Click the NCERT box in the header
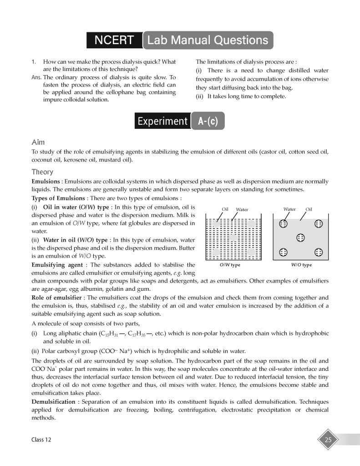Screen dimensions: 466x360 (x=114, y=40)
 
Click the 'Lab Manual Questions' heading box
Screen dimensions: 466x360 (x=209, y=40)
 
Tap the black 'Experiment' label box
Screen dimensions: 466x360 (x=162, y=121)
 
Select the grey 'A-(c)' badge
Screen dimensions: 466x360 (x=208, y=121)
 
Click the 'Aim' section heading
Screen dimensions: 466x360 (x=38, y=142)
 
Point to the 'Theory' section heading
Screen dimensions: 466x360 (x=42, y=172)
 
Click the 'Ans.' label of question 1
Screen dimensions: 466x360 (x=36, y=77)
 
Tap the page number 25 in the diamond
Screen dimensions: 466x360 (x=328, y=440)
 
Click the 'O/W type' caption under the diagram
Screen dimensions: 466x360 (x=230, y=265)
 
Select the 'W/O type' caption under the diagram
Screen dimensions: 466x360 (x=301, y=265)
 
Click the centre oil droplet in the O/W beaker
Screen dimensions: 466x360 (x=233, y=238)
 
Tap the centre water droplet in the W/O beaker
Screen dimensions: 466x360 (x=300, y=237)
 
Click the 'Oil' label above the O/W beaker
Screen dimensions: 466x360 (x=225, y=209)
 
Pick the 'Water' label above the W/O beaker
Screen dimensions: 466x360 (x=289, y=209)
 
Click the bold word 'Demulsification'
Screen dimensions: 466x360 (x=53, y=402)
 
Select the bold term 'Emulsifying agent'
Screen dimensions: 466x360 (x=60, y=264)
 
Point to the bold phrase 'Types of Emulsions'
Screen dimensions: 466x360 (x=58, y=198)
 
